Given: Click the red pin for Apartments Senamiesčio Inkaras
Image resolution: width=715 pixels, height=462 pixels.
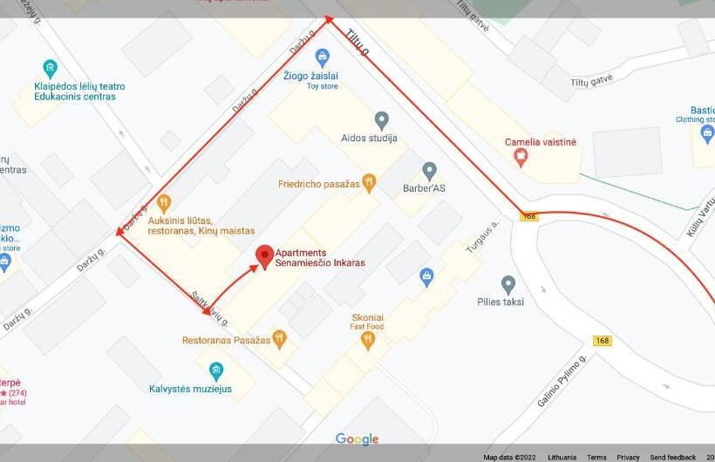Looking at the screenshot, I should [264, 255].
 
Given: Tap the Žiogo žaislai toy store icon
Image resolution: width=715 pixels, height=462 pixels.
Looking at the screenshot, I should [323, 58].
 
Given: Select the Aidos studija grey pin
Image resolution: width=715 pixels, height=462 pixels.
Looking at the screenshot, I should [381, 119].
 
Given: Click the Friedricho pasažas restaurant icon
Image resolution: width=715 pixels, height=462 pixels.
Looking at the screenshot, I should [369, 183].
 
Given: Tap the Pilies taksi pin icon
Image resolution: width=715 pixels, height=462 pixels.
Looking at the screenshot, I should [508, 284].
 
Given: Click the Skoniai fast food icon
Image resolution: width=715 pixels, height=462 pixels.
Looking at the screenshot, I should [368, 340].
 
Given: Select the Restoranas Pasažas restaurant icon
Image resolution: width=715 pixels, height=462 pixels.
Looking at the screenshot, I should [279, 339].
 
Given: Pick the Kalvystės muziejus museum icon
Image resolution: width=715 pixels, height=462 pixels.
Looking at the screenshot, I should [216, 370].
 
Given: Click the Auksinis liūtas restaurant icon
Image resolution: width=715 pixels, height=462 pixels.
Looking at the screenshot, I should [163, 204].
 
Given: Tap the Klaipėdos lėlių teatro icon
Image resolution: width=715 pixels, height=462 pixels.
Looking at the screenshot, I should [51, 68].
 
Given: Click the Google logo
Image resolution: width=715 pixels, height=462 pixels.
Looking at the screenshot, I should [357, 438].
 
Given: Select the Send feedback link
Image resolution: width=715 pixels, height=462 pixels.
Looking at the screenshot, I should [672, 457].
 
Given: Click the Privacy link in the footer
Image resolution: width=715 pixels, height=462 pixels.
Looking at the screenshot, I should [628, 457].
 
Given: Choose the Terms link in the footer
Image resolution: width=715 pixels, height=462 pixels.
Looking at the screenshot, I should [596, 457].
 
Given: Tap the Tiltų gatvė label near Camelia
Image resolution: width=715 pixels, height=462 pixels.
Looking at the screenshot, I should [591, 80].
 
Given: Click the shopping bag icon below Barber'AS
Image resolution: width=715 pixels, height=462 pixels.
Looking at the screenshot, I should [426, 277].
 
